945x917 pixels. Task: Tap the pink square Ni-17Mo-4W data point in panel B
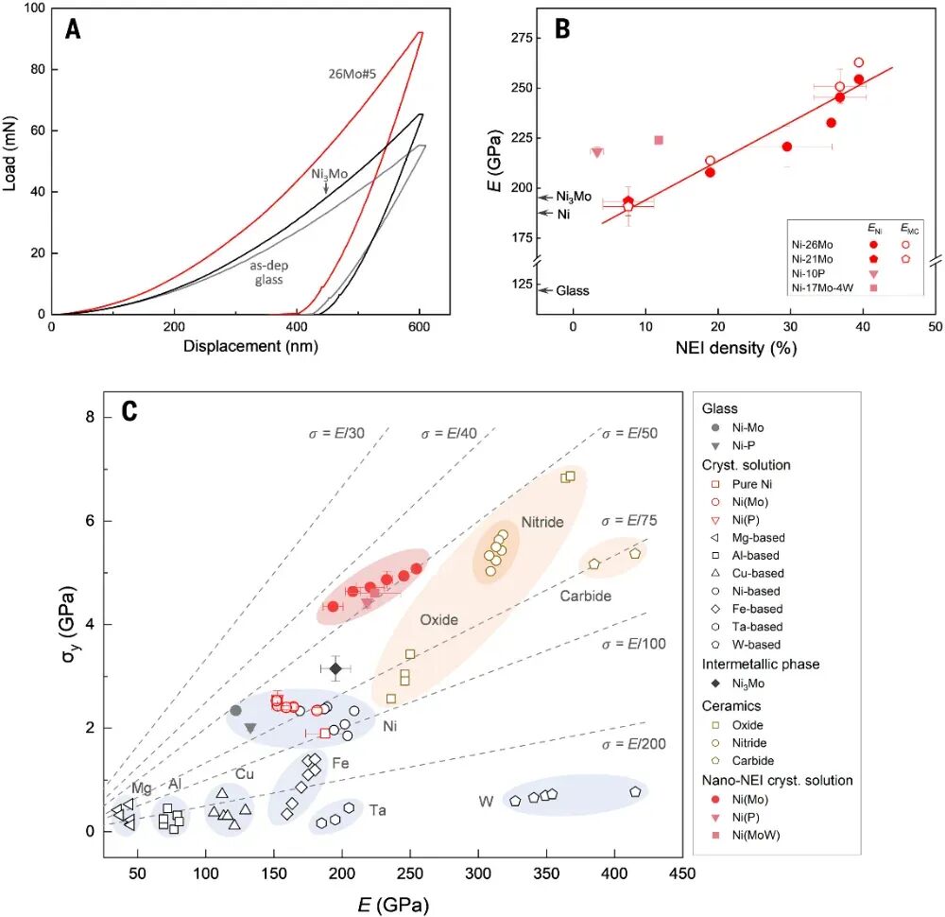(659, 140)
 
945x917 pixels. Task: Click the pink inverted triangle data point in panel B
(597, 152)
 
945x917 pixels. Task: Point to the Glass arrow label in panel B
(572, 290)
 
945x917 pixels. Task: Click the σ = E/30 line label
(336, 433)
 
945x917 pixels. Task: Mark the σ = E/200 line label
(635, 744)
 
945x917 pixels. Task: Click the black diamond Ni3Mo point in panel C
(335, 668)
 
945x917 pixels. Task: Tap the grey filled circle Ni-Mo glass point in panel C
(236, 710)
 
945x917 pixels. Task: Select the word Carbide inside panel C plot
(585, 596)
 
